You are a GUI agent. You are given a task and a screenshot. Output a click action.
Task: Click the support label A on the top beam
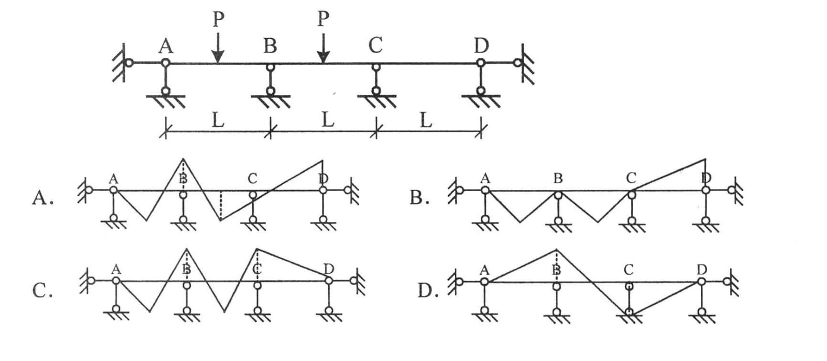(x=166, y=46)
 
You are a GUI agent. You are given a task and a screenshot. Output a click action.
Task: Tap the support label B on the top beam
(x=270, y=46)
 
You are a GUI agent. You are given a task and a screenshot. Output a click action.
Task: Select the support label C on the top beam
(x=375, y=46)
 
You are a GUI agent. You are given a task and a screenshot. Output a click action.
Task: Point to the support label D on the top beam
(x=481, y=46)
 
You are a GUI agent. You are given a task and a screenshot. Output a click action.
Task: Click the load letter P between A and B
(x=219, y=20)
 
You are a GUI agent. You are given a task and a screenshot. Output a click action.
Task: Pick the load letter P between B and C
(x=323, y=19)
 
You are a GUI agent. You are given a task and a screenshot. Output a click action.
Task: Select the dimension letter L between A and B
(x=218, y=121)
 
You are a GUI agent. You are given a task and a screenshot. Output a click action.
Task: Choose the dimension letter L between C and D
(x=425, y=121)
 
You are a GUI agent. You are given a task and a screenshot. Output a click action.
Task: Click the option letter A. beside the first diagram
(x=42, y=197)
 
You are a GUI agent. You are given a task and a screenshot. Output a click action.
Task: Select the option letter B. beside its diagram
(x=419, y=197)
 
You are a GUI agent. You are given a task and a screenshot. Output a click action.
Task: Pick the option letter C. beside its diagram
(x=42, y=291)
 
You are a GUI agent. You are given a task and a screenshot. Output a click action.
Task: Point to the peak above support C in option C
(x=257, y=249)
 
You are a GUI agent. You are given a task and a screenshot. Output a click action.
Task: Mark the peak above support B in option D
(x=556, y=250)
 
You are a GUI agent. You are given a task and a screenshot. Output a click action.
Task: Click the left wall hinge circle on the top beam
(x=129, y=63)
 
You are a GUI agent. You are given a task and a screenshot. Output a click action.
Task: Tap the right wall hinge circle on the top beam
(x=517, y=63)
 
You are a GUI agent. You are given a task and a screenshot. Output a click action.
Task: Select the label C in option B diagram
(x=631, y=179)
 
